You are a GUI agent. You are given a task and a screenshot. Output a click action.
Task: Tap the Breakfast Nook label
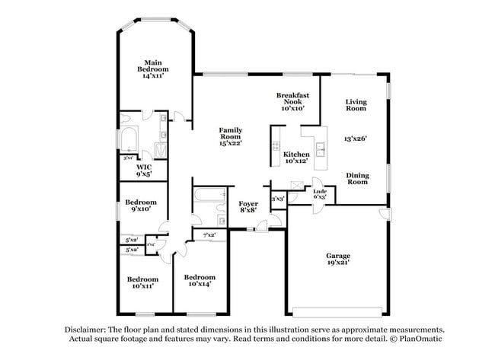coord(292,101)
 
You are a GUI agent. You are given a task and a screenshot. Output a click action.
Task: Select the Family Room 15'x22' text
coord(231,136)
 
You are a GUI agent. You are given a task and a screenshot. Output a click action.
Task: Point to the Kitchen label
coord(297,158)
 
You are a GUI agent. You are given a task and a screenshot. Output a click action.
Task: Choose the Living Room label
coord(356,105)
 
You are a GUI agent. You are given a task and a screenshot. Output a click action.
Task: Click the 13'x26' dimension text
coord(356,139)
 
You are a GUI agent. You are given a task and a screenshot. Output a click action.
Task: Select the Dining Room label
coord(357,179)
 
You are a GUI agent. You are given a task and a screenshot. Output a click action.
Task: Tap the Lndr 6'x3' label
coord(320,194)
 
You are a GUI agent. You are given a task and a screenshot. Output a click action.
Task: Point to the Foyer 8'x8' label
coord(249,208)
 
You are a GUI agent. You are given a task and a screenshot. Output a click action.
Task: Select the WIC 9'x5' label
coord(144,170)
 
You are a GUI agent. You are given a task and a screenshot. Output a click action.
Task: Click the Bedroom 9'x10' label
coord(141,205)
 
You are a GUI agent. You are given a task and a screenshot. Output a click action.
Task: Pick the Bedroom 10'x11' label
coord(142,282)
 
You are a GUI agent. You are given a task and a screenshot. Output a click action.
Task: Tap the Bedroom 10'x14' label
coord(200,280)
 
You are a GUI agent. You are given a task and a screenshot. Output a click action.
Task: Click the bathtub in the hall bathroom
coord(205,200)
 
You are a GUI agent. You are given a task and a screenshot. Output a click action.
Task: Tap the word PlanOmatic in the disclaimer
coord(417,338)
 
